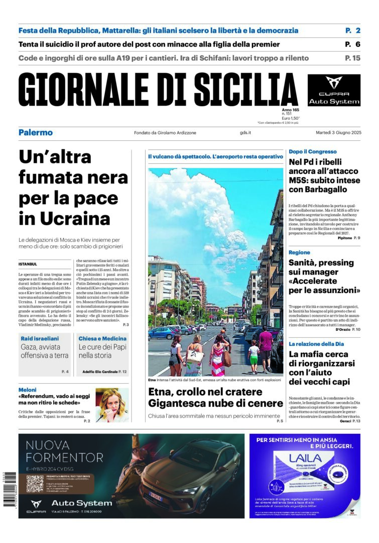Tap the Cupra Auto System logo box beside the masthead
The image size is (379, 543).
pos(334,90)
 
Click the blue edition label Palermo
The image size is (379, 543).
pos(36,133)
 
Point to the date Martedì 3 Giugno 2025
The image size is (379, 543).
pos(338,133)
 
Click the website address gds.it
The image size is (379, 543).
pos(245,133)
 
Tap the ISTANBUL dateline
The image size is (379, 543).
pos(28,264)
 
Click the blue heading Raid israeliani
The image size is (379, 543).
pos(41,338)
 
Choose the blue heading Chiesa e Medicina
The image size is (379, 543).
pos(102,338)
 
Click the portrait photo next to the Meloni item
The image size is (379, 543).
pos(112,405)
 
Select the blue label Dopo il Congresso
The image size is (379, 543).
pos(313,151)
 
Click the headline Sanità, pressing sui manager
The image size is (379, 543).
pos(324,276)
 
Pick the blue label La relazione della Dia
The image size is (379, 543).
pos(316,344)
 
